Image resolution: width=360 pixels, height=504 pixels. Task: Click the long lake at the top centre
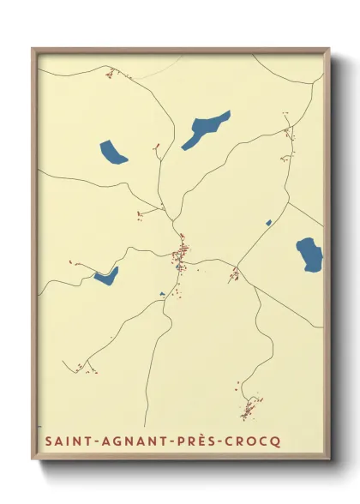(206, 129)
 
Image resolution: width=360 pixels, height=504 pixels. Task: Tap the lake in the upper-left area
(112, 153)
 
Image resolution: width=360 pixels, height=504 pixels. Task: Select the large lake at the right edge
(309, 254)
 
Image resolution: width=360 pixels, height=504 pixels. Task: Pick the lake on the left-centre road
(106, 275)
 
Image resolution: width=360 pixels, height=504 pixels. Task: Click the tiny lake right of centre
(268, 223)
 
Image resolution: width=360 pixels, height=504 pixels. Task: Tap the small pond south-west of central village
(162, 295)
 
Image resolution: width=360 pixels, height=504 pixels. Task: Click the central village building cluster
(181, 254)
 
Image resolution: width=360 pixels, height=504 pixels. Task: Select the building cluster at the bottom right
(249, 408)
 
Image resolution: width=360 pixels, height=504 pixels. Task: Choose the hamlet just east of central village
(234, 273)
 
